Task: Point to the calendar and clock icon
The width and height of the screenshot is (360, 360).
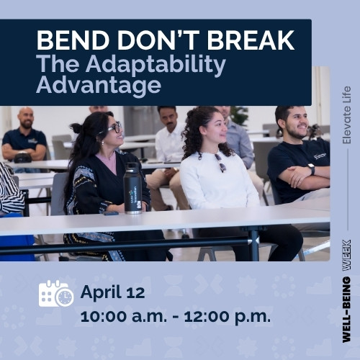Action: point(55,294)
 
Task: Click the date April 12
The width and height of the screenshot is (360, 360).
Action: point(112,292)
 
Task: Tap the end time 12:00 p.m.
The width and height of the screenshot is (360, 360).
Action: point(225,315)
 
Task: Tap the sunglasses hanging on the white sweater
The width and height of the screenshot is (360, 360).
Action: point(220,163)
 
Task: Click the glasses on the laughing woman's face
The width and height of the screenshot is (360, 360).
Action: point(114,128)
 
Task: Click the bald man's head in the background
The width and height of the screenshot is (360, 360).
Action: point(26,118)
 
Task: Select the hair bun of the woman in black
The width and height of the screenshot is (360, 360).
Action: point(77,127)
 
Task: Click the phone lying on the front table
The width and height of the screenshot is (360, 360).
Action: point(110,212)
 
